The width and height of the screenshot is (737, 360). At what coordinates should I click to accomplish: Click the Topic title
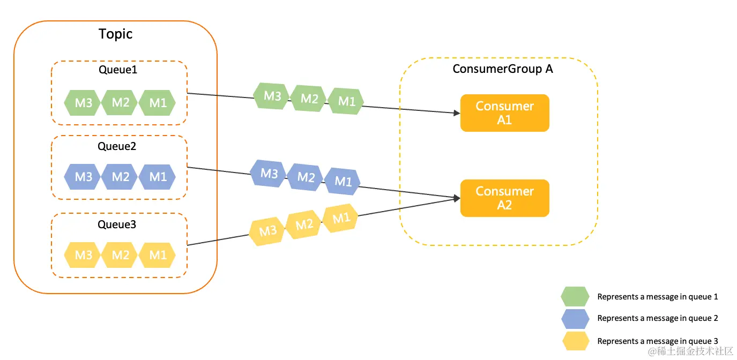click(115, 34)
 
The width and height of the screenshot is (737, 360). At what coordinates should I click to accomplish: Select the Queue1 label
click(118, 70)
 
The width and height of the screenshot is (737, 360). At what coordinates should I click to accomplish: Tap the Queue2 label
click(117, 146)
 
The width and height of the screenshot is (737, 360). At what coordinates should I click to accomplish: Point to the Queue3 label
click(117, 224)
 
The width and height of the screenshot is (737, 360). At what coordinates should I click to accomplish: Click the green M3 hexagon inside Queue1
click(83, 103)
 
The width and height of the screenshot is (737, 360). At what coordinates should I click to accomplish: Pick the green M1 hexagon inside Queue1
click(158, 103)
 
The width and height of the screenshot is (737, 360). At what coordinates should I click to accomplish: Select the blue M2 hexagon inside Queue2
click(120, 177)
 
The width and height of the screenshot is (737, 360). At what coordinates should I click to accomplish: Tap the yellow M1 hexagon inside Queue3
click(158, 255)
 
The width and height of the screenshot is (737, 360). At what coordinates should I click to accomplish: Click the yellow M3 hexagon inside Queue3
click(83, 255)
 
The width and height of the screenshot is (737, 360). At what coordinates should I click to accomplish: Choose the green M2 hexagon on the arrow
click(309, 99)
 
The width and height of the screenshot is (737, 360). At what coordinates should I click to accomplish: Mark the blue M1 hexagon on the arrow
click(343, 181)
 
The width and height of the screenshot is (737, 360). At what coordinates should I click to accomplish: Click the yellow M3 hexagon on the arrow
click(267, 231)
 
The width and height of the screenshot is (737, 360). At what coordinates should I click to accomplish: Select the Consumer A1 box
click(504, 113)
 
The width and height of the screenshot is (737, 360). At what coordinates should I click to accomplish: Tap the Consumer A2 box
click(504, 198)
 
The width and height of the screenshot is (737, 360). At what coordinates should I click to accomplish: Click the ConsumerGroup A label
click(502, 69)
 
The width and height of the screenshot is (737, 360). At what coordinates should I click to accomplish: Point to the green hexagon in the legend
click(575, 296)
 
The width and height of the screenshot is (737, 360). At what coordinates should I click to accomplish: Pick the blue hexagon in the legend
click(575, 319)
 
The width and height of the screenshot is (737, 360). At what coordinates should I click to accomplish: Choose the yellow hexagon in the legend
click(575, 341)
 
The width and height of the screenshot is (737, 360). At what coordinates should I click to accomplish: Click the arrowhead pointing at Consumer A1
click(457, 113)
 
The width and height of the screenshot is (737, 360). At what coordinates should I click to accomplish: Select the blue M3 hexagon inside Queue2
click(83, 177)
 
